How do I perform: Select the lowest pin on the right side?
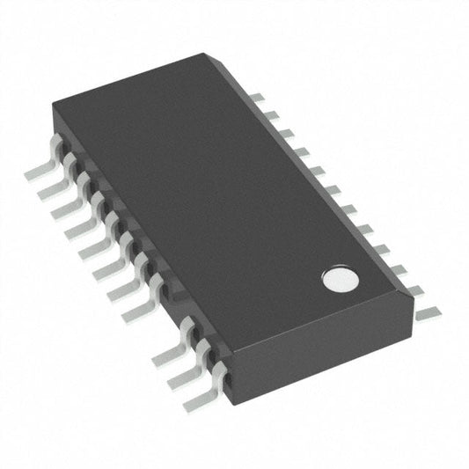pos(428,311)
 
